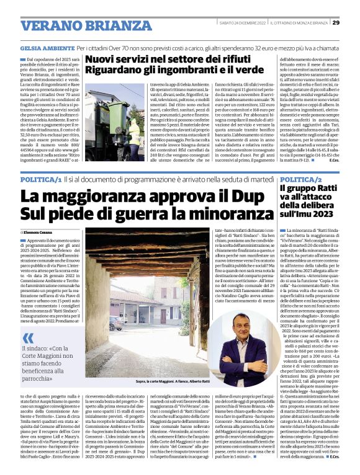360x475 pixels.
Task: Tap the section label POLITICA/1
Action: tap(40, 179)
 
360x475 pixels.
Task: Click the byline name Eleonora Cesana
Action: tap(40, 231)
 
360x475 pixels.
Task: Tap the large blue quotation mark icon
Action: tap(28, 339)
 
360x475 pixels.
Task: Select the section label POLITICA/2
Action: tap(301, 179)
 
